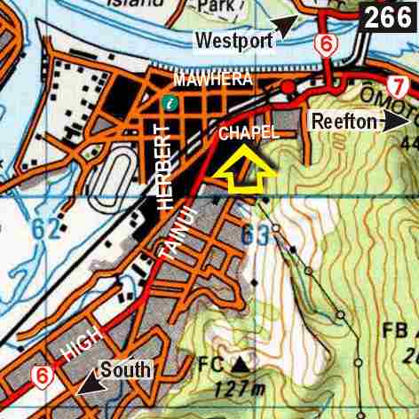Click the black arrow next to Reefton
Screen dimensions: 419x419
[396, 121]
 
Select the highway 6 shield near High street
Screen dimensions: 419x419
[40, 377]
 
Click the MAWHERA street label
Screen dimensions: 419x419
[213, 80]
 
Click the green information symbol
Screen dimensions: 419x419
[170, 103]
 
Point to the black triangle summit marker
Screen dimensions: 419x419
[239, 362]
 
